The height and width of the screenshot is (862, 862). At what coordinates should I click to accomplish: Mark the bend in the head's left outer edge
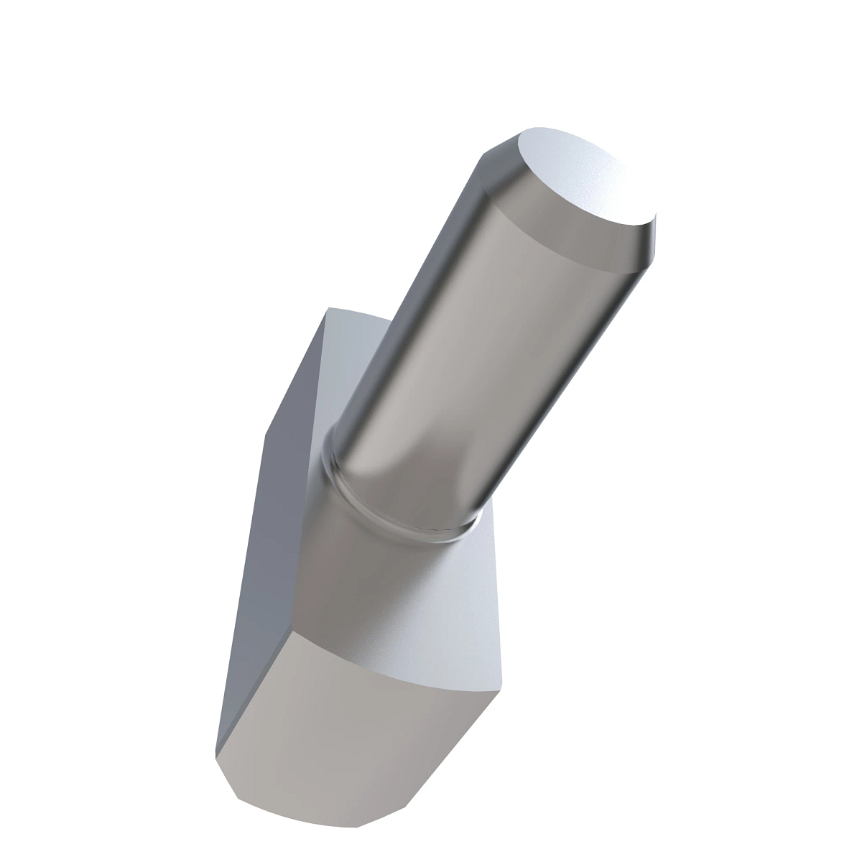click(x=265, y=435)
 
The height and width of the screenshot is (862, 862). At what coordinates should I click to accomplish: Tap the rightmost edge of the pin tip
click(x=656, y=230)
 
